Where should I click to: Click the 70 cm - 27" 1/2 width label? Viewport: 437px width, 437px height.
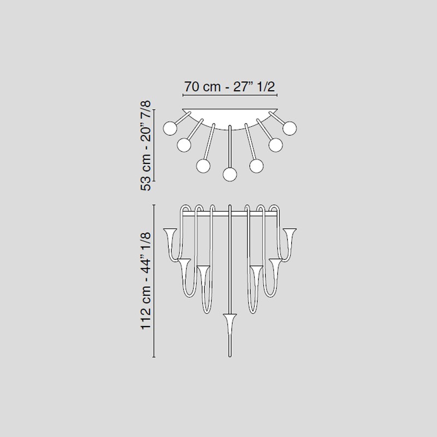229,87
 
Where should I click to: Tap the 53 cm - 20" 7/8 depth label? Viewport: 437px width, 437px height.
146,145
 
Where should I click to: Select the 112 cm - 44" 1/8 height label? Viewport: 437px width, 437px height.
146,281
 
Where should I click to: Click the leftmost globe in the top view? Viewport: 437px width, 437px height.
170,128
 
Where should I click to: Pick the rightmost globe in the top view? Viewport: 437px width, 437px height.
290,128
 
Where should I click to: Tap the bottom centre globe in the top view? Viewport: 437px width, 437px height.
230,175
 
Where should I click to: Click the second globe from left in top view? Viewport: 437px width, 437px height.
184,145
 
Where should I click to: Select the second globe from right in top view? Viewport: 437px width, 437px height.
276,145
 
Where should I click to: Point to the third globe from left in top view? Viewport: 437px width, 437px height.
203,166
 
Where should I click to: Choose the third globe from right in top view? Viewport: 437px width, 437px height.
256,166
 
